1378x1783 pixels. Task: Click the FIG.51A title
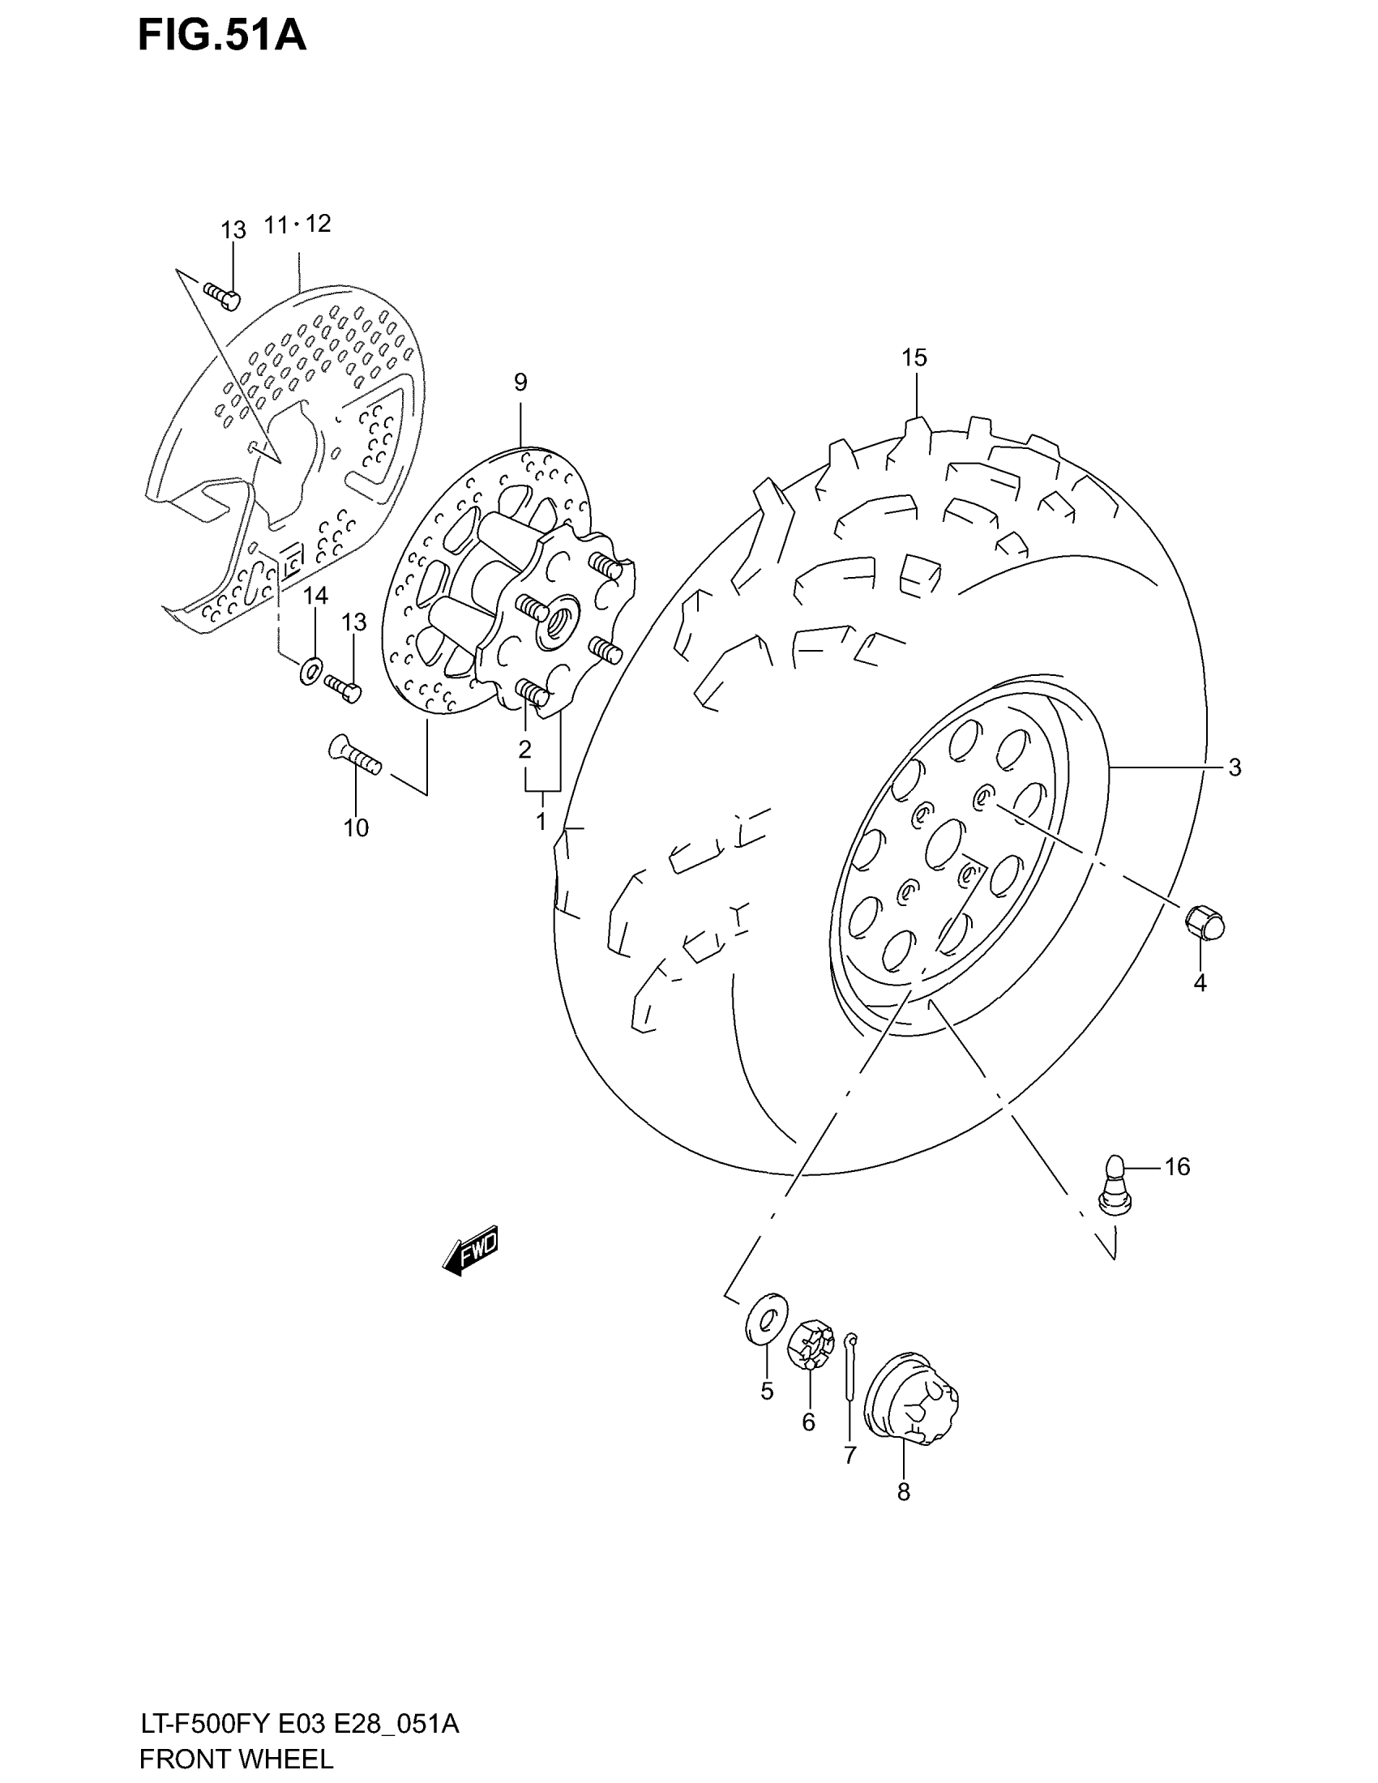[222, 36]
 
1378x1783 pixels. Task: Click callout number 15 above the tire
[914, 357]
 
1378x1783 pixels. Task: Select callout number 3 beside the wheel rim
[1235, 768]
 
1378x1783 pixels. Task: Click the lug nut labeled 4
[1205, 923]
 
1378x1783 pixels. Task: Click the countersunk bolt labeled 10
[354, 753]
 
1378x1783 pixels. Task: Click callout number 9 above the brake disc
[520, 382]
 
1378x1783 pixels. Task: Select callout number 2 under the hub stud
[525, 749]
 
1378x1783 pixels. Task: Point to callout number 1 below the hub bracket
[541, 821]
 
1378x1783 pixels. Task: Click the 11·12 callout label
[297, 224]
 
